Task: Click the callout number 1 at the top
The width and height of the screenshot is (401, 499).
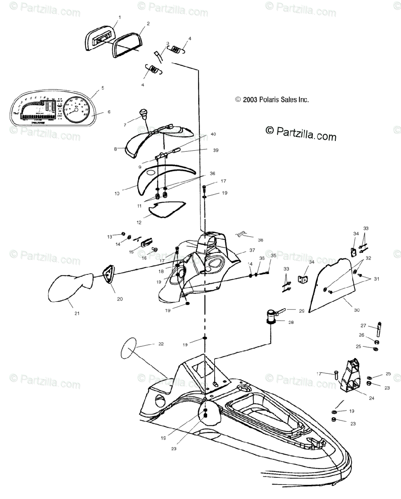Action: pos(119,17)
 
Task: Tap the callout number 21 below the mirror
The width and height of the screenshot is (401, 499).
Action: pos(77,313)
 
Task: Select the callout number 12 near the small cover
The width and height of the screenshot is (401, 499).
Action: pos(139,222)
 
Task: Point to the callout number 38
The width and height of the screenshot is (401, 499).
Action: pos(260,240)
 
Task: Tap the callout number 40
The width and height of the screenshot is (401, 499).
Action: pos(213,134)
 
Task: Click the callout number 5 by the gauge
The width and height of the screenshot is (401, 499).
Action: pos(102,88)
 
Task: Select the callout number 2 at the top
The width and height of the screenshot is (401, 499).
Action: pos(148,23)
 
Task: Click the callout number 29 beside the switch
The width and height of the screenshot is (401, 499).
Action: pos(302,311)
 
